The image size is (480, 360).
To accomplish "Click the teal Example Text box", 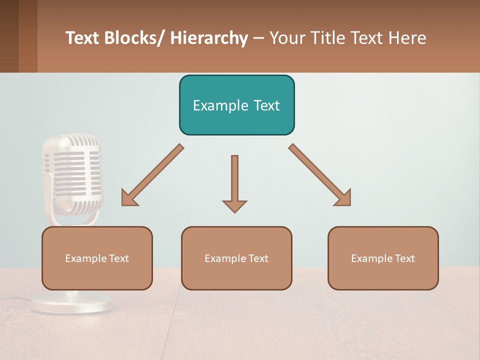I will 236,105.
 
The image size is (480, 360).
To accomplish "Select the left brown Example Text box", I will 97,258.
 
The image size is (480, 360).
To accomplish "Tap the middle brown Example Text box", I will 236,258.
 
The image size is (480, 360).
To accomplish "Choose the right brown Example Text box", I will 383,258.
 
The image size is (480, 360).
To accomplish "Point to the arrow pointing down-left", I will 153,175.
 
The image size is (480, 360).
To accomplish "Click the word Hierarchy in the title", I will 209,38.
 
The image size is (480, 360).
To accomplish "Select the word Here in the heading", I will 407,38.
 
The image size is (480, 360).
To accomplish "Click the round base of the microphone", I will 72,303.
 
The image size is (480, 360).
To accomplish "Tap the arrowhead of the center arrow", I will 234,205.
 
